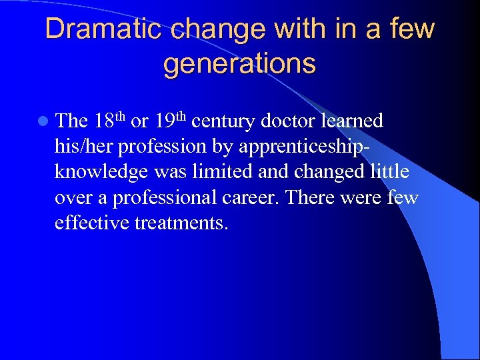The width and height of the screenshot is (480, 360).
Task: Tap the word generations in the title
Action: [239, 64]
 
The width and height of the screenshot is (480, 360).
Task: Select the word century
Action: [222, 121]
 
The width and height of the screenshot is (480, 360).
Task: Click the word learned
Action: [352, 121]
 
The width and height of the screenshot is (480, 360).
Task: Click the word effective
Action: [92, 222]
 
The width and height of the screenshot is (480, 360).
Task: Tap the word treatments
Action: [181, 223]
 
